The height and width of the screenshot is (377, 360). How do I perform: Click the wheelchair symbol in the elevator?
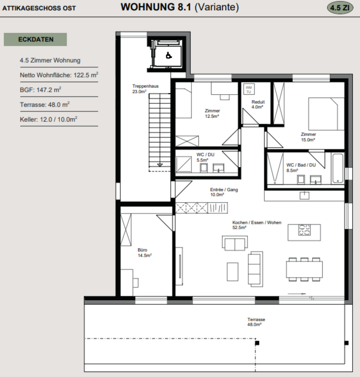coord(169,56)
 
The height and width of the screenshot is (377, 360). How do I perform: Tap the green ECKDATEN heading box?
coord(35,40)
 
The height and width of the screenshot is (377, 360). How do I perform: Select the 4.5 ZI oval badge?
coord(340,8)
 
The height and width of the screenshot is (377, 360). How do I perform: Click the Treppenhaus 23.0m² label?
coord(145,89)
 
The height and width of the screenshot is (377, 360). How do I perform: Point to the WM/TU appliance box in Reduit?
coord(249,89)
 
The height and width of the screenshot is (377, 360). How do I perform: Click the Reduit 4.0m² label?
coord(258,104)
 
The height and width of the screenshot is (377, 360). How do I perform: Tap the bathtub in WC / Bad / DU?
coord(338,168)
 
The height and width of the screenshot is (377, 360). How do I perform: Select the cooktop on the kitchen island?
coord(304,229)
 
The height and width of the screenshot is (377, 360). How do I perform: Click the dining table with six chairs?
coord(304,269)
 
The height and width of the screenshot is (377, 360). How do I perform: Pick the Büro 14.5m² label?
coord(145,253)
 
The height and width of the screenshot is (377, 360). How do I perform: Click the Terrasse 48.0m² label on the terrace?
coord(256,322)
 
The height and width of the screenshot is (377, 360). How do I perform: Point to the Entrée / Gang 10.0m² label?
coord(224,192)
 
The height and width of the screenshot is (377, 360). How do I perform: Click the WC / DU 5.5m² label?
coord(205,157)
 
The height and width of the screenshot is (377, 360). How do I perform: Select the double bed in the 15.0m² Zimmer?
coord(327,114)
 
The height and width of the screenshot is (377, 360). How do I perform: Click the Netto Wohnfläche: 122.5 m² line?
coord(59,75)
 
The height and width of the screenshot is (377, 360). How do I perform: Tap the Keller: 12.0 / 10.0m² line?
coord(49,119)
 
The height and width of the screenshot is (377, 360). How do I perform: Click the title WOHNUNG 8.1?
coord(156,7)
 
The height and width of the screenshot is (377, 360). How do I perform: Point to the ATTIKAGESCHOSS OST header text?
coord(39,8)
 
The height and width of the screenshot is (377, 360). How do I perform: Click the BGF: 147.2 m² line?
coord(41,90)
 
